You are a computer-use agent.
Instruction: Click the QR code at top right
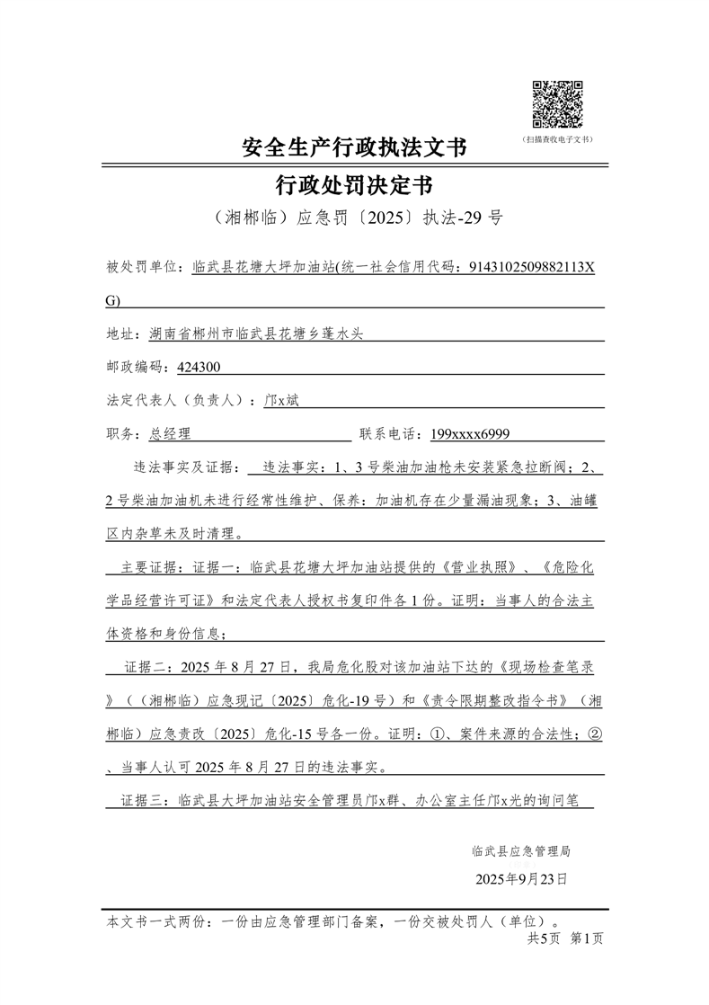[558, 104]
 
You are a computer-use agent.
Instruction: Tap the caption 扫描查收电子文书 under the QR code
[558, 139]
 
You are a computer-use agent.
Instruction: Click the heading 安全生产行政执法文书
[354, 147]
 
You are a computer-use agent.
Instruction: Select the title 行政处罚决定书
[354, 185]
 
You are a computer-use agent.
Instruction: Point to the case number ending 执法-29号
[354, 218]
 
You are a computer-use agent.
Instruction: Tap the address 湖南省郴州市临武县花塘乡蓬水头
[256, 334]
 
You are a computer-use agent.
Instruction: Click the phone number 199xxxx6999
[470, 433]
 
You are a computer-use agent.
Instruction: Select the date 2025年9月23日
[521, 879]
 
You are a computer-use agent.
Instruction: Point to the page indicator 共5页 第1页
[564, 938]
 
